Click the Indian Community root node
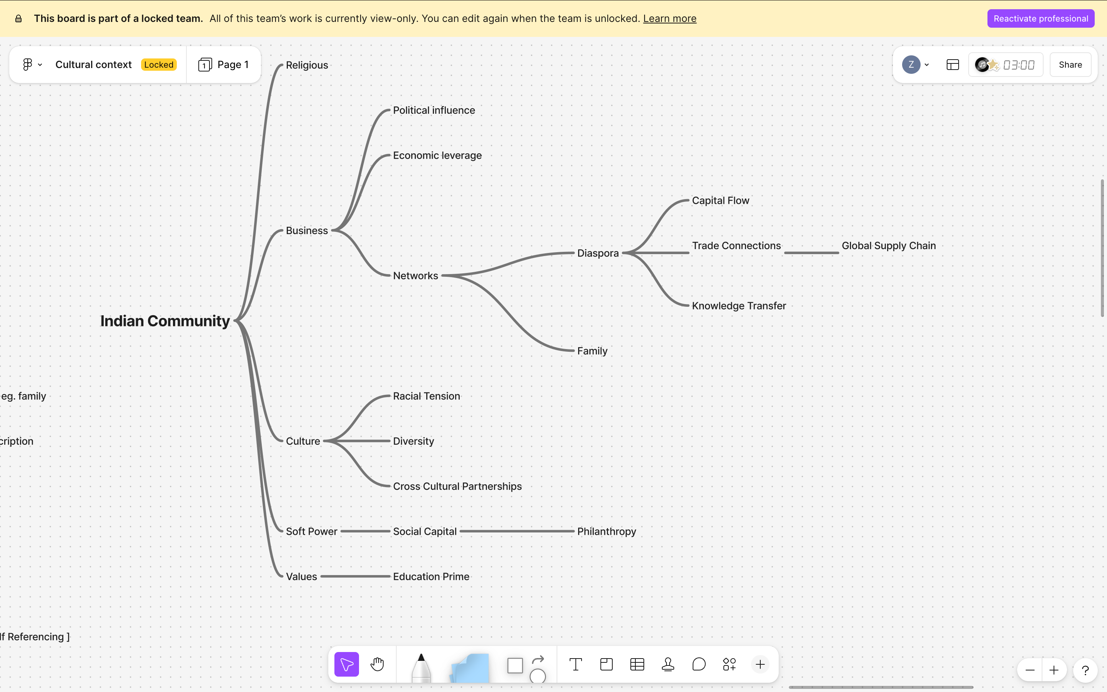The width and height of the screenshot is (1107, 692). click(165, 321)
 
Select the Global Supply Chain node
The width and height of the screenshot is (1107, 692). click(888, 246)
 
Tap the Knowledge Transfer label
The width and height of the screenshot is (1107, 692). click(739, 306)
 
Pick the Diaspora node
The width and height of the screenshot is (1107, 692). click(597, 253)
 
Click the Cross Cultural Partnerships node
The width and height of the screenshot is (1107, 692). click(457, 486)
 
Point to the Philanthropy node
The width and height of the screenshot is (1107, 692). click(607, 531)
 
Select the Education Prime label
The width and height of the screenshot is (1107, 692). click(431, 577)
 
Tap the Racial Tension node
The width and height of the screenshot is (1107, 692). click(426, 396)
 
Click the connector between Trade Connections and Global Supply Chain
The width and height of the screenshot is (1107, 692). click(811, 253)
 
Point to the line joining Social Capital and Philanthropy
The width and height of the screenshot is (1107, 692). click(517, 531)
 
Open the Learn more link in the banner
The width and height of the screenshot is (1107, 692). click(670, 18)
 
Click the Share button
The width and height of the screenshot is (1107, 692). click(1070, 65)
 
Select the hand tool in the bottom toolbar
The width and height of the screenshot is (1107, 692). click(377, 664)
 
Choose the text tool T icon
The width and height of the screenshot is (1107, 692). click(575, 664)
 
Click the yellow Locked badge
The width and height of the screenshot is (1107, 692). click(159, 65)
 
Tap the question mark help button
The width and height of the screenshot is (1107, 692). click(1085, 670)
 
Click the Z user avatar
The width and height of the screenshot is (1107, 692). click(911, 65)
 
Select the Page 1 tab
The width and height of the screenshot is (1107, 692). click(224, 65)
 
